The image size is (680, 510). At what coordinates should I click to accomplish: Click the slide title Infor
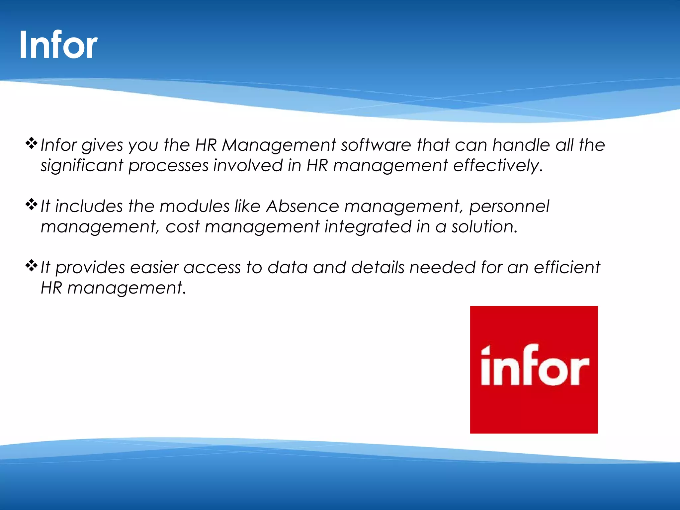[x=58, y=45]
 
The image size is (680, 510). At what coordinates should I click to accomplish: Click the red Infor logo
[x=534, y=370]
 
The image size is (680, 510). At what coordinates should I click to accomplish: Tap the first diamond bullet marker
[x=31, y=143]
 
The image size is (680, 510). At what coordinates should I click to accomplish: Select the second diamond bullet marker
[x=31, y=204]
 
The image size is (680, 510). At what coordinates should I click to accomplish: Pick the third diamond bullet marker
[x=31, y=265]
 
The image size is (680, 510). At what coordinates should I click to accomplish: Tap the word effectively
[x=498, y=166]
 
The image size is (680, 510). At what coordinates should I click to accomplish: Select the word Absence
[x=302, y=206]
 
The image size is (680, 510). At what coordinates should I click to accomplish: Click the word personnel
[x=509, y=206]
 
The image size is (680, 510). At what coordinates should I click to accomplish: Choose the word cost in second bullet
[x=182, y=227]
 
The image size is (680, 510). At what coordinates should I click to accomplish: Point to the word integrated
[x=368, y=227]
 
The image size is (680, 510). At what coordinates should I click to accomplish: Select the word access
[x=212, y=268]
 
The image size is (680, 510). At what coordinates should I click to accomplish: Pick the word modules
[x=195, y=206]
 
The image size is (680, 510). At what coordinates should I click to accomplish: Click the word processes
[x=168, y=166]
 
